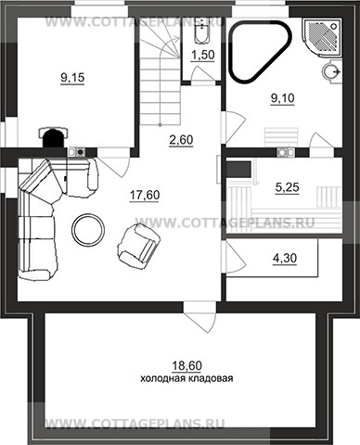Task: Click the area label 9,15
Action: coord(72,78)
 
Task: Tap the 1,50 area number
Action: coord(202,56)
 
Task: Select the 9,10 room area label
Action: coord(283,98)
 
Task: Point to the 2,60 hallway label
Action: coord(181,140)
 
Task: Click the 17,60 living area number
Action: coord(145,195)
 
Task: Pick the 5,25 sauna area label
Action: coord(288,187)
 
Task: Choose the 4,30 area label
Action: coord(285,259)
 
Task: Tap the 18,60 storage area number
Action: coord(186,366)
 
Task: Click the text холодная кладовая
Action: coord(186,378)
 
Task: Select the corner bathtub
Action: coord(260,51)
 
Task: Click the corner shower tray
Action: coord(322,38)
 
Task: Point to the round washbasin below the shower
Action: coord(331,71)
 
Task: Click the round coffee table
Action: coord(88,229)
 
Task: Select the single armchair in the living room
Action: coord(138,244)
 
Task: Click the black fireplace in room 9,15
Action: coord(55,137)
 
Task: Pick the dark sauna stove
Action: coord(238,170)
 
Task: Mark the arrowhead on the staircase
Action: coord(177,38)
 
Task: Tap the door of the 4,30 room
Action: coord(235,259)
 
